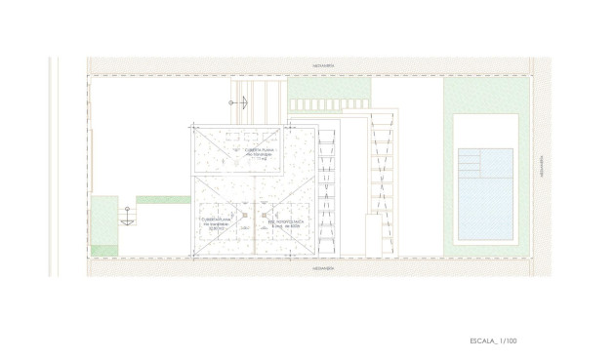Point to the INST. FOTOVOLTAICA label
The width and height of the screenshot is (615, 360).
click(286, 221)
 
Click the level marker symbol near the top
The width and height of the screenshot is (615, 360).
click(232, 102)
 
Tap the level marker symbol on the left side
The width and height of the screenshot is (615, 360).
click(125, 220)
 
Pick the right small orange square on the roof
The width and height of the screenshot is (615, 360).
click(263, 214)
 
